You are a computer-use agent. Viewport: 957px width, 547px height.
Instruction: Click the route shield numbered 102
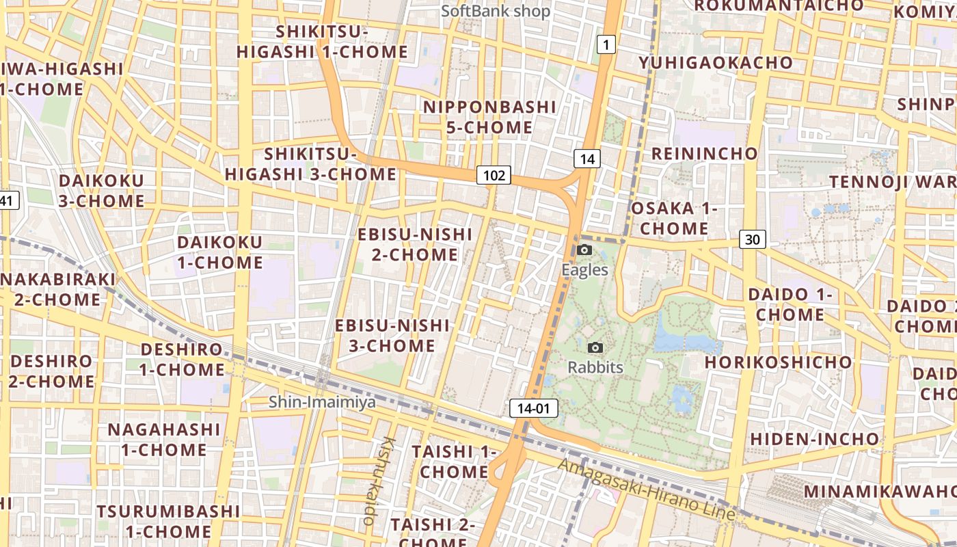[x=494, y=176]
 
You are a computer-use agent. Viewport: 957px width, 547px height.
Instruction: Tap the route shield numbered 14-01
[x=534, y=409]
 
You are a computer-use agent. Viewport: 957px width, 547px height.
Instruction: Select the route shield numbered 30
[x=752, y=239]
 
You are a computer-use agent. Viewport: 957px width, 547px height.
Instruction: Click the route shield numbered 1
[x=606, y=45]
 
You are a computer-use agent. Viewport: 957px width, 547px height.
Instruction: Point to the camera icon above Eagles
[x=584, y=250]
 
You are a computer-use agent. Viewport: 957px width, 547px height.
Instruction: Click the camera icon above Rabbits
[x=595, y=348]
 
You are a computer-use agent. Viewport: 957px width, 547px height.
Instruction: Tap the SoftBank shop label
[x=496, y=11]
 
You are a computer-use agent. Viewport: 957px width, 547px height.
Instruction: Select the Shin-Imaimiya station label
[x=322, y=402]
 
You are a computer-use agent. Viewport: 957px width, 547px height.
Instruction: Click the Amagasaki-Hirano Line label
[x=646, y=490]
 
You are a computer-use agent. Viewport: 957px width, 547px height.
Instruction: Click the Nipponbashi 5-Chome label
[x=489, y=117]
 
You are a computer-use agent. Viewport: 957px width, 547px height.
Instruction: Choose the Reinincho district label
[x=704, y=153]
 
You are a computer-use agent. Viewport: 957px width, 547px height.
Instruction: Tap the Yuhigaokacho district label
[x=716, y=63]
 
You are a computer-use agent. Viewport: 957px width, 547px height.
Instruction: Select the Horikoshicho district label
[x=779, y=362]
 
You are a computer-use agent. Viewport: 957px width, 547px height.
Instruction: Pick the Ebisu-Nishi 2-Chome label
[x=415, y=245]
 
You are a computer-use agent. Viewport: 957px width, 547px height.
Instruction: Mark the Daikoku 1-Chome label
[x=220, y=252]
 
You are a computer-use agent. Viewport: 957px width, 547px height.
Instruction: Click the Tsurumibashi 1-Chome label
[x=168, y=521]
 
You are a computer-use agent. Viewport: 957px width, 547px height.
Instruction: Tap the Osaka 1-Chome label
[x=674, y=218]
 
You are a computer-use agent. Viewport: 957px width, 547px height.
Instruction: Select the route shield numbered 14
[x=587, y=159]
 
